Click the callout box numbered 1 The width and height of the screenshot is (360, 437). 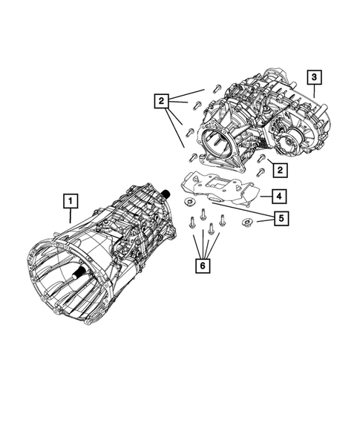tap(68, 200)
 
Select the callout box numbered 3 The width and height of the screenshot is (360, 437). tap(315, 77)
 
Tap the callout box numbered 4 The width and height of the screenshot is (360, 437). tap(276, 197)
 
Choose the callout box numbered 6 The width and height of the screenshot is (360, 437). tap(201, 265)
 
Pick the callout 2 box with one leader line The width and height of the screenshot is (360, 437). tap(279, 171)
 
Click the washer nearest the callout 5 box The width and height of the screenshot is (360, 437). tap(246, 223)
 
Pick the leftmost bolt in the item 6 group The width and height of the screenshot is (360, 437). tap(193, 220)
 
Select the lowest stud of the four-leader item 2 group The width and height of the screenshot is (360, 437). tap(192, 157)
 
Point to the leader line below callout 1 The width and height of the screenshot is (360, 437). tap(69, 215)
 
